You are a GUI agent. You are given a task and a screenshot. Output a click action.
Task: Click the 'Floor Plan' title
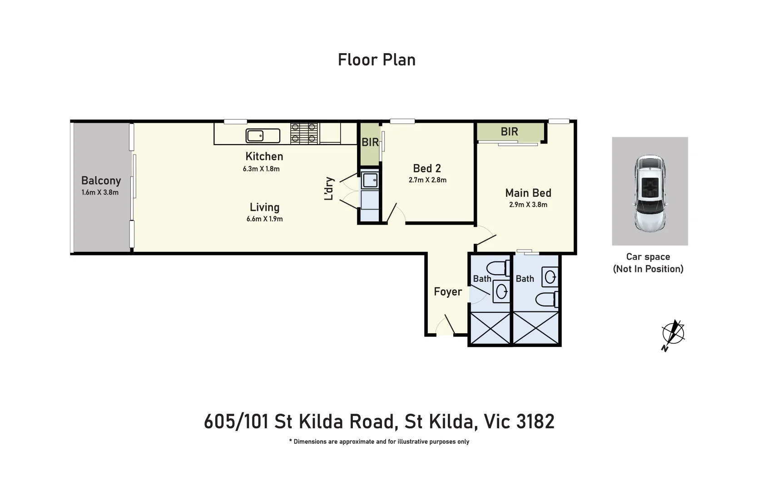[x=377, y=60]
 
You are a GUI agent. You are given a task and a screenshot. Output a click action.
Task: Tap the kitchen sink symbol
[x=263, y=135]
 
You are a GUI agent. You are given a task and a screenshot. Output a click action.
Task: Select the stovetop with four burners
[x=304, y=133]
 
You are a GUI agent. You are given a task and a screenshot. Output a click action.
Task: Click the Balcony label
[x=101, y=180]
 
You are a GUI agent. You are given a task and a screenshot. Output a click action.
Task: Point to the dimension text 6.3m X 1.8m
[x=261, y=169]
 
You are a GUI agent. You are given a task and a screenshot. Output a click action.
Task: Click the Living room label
[x=264, y=207]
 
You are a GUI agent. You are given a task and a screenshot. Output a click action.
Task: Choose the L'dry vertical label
[x=329, y=189]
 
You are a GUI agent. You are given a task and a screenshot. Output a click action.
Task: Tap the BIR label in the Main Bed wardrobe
[x=509, y=132]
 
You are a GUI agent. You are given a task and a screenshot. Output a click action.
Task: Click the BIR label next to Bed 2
[x=370, y=142]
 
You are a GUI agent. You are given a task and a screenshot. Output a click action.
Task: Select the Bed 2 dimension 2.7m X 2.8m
[x=427, y=180]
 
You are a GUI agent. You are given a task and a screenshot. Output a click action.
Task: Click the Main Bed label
[x=528, y=193]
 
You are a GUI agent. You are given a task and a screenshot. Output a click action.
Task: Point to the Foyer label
[x=447, y=292]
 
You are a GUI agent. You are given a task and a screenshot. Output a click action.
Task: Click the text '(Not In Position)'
[x=648, y=269]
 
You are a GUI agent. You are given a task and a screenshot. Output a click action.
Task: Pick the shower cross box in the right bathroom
[x=536, y=328]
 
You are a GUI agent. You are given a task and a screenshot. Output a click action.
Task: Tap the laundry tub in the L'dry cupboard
[x=370, y=180]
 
